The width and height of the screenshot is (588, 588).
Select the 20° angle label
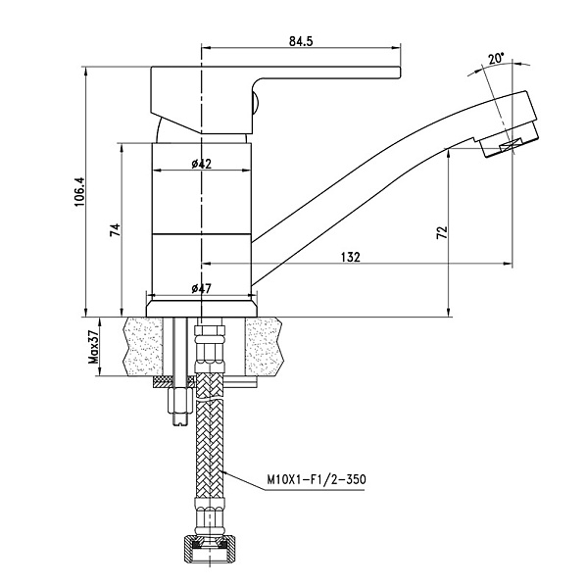tap(496, 59)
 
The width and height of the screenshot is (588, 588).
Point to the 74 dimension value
tap(115, 230)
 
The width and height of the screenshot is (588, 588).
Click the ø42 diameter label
tap(201, 164)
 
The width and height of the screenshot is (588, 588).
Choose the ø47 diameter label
tap(201, 288)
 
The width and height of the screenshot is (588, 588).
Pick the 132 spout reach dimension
tap(350, 257)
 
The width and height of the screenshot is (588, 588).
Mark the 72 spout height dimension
tap(441, 232)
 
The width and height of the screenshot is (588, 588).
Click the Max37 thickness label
tap(95, 347)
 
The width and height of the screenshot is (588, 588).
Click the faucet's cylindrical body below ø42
tap(202, 211)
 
